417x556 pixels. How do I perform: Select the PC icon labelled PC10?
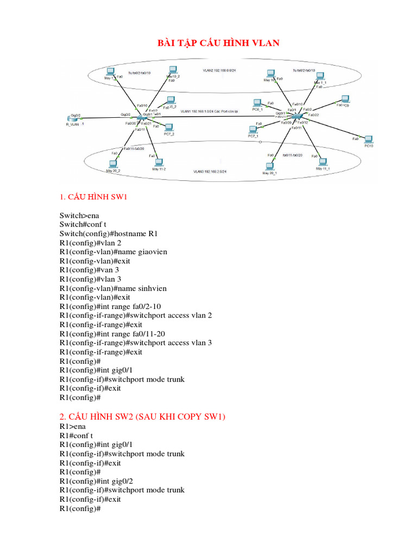click(369, 140)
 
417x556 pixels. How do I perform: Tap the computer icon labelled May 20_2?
click(114, 163)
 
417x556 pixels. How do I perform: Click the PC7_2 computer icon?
click(169, 128)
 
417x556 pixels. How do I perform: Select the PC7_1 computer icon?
click(253, 130)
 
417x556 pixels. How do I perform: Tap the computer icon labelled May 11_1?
click(323, 162)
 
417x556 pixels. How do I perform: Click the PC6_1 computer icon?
click(257, 103)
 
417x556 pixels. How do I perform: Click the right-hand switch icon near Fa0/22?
click(296, 117)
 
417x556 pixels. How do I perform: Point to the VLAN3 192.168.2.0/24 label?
click(209, 172)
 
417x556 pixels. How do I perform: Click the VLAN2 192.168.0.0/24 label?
click(214, 71)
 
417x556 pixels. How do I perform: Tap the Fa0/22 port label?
click(313, 115)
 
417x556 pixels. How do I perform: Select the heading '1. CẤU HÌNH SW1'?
click(93, 197)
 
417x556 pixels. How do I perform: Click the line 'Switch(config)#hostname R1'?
click(109, 233)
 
